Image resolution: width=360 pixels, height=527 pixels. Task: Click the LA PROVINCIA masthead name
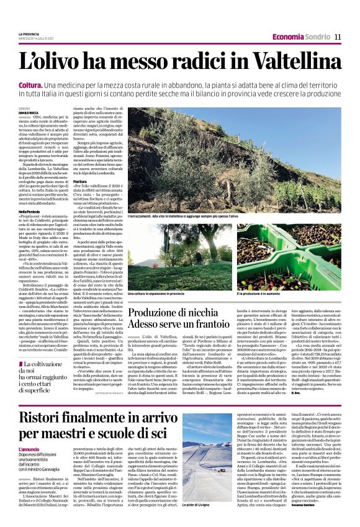tap(29, 34)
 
